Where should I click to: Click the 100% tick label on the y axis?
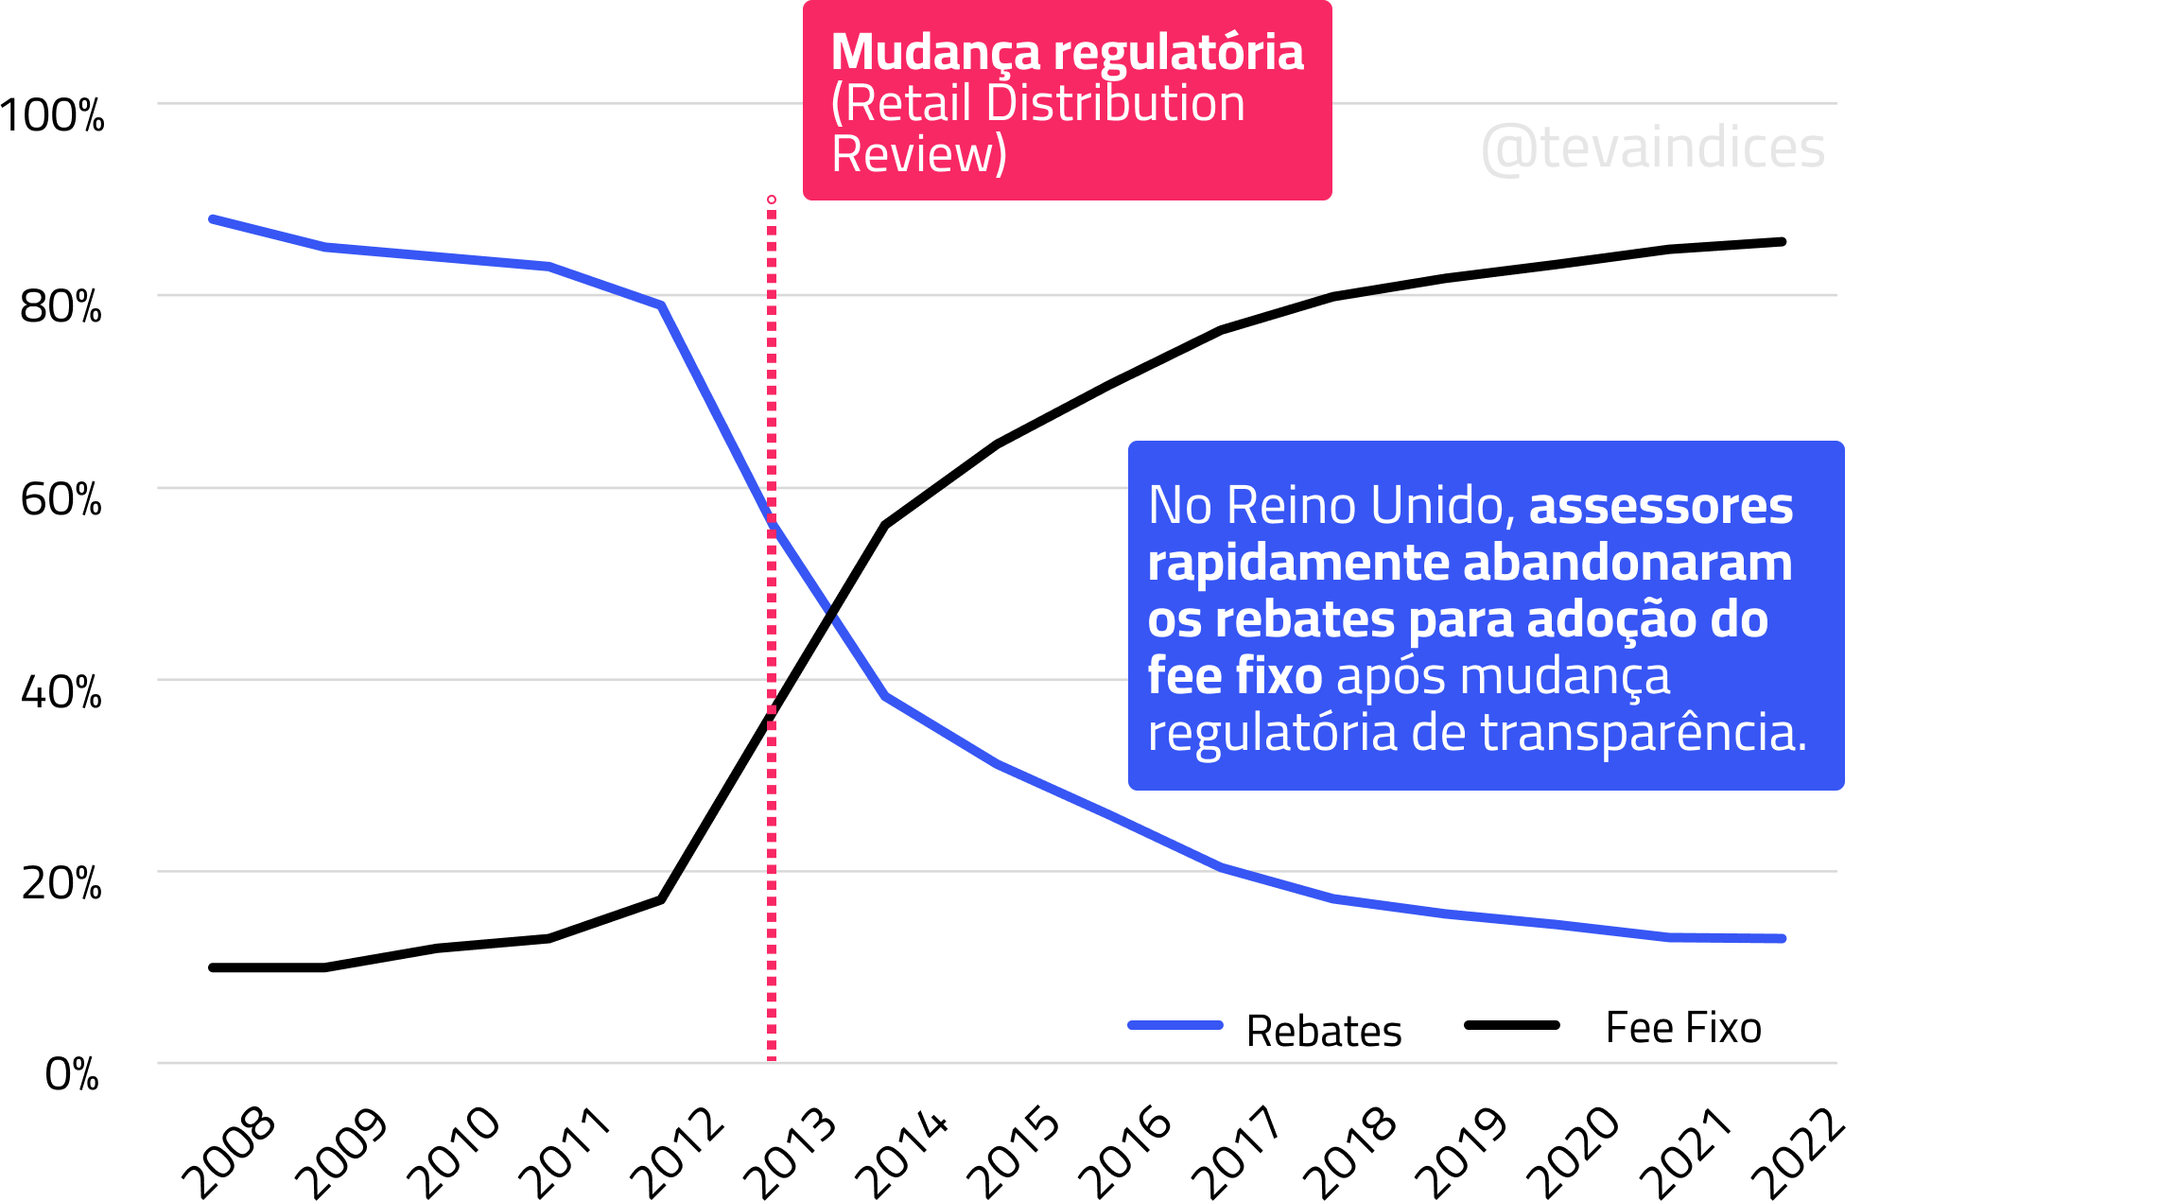point(53,116)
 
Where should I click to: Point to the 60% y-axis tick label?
point(61,499)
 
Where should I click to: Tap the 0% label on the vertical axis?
point(72,1074)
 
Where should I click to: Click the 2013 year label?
point(791,1152)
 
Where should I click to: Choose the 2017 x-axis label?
point(1237,1152)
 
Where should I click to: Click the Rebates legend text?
point(1324,1031)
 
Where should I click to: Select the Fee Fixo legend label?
point(1683,1028)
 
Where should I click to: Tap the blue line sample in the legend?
point(1175,1025)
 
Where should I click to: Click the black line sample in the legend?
point(1511,1025)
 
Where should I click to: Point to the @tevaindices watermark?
point(1653,148)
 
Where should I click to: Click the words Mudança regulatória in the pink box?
point(1067,52)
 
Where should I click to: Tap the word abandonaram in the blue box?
point(1627,563)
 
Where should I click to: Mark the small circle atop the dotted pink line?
point(772,200)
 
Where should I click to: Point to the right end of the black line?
point(1783,242)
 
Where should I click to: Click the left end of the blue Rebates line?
point(213,219)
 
